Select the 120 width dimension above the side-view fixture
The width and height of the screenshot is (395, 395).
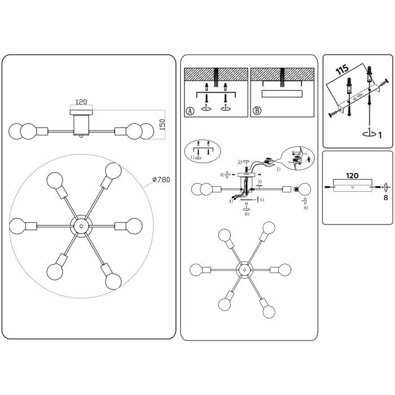[81, 103]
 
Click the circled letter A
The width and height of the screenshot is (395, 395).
[190, 111]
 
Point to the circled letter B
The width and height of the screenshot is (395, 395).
[257, 111]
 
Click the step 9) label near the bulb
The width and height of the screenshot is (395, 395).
[305, 208]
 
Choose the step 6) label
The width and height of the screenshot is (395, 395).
[247, 215]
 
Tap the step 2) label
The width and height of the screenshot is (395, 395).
[239, 162]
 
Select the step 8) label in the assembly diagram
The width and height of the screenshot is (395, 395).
[223, 174]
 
